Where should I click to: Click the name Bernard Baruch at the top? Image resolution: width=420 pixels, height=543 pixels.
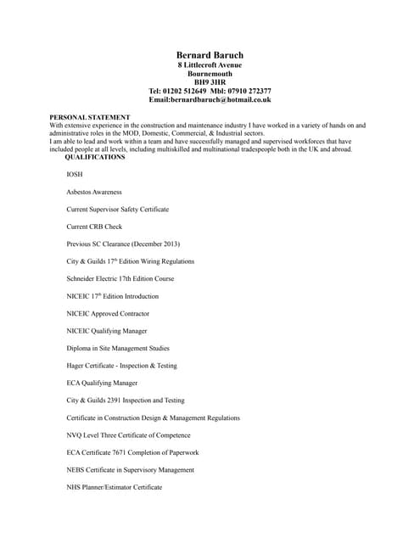pyautogui.click(x=210, y=55)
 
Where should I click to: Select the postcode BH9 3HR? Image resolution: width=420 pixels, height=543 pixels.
pyautogui.click(x=210, y=82)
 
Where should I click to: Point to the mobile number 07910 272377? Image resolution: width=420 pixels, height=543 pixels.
pyautogui.click(x=247, y=91)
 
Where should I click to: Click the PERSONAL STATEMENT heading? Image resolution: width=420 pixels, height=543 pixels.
pyautogui.click(x=90, y=117)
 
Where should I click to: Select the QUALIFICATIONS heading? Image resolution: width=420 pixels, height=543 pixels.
pyautogui.click(x=95, y=157)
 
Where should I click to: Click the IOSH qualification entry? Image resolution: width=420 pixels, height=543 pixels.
pyautogui.click(x=75, y=174)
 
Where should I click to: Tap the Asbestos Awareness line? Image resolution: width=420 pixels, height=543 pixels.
pyautogui.click(x=94, y=192)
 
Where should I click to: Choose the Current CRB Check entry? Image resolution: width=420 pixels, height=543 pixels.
pyautogui.click(x=94, y=227)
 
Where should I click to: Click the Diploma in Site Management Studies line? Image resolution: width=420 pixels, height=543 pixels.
pyautogui.click(x=118, y=348)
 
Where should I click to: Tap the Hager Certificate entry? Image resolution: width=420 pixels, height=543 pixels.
pyautogui.click(x=121, y=365)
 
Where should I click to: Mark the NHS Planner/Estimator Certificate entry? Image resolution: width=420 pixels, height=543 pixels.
pyautogui.click(x=114, y=487)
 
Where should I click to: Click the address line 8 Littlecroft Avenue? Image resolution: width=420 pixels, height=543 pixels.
pyautogui.click(x=210, y=64)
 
